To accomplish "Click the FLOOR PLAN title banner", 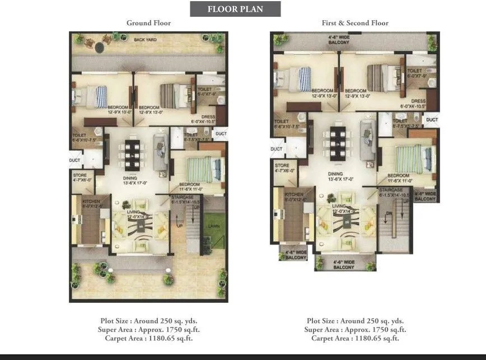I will click(x=235, y=9).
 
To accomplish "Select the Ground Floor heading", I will click(x=148, y=23).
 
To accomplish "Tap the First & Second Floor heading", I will click(x=354, y=23).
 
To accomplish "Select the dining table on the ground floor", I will click(x=134, y=153).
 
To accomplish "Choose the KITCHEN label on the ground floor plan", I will click(x=91, y=202).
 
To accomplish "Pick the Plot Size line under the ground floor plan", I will click(x=148, y=321).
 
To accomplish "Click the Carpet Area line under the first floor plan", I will click(x=354, y=338).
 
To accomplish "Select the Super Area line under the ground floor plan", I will click(x=148, y=330).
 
